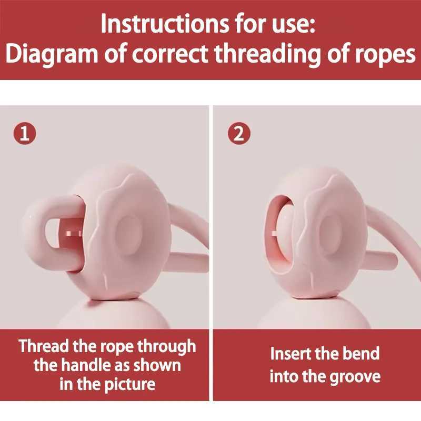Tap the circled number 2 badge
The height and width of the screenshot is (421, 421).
(x=239, y=134)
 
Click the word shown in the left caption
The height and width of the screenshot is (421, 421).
(x=156, y=365)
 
